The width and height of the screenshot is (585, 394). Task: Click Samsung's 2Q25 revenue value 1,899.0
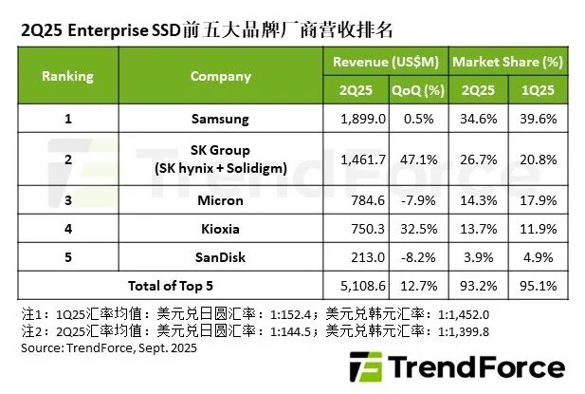pos(362,119)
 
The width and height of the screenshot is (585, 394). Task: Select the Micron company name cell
pos(220,200)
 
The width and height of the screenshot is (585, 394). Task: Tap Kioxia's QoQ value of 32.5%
pos(419,229)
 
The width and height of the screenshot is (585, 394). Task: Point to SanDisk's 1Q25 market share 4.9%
pos(538,257)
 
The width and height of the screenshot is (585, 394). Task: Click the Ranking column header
pos(67,76)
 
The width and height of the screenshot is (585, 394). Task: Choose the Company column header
pos(221,76)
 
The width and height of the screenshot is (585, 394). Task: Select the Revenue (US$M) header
pos(386,62)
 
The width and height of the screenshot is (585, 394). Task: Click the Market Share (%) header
pos(508,62)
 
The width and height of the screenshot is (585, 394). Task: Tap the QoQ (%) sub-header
pos(418,90)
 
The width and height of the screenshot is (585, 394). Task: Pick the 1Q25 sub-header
pos(538,90)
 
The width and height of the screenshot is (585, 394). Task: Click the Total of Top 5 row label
pos(171,286)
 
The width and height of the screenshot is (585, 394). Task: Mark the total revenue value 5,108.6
pos(362,286)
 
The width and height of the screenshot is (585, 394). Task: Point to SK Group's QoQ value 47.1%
pos(419,159)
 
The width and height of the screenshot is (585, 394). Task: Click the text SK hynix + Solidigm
pos(221,168)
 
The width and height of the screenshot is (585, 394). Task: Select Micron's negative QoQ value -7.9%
pos(418,200)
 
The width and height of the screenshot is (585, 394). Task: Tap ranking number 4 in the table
pos(68,229)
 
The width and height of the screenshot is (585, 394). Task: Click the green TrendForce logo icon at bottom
pos(366,366)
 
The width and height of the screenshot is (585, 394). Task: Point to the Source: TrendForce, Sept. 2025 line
pos(109,348)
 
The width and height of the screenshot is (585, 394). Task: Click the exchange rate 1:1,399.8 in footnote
pos(464,331)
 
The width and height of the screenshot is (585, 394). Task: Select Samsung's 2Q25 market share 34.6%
pos(478,119)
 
